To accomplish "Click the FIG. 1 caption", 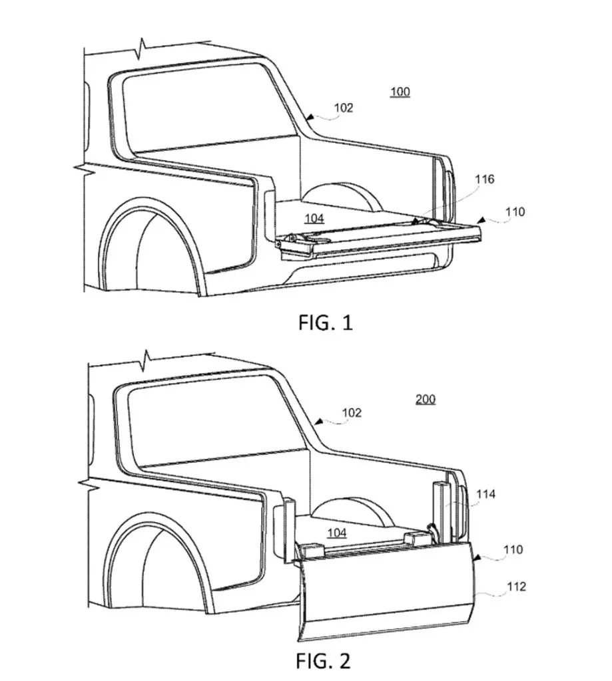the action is [x=326, y=323].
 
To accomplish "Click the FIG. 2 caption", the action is [x=323, y=661].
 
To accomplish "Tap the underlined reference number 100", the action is [x=400, y=92].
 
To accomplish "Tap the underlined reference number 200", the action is [x=426, y=399].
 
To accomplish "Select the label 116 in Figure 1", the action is [x=485, y=179].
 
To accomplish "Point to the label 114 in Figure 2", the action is [x=485, y=494].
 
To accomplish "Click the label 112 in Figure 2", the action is [x=516, y=587].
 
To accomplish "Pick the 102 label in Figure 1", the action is [x=344, y=107].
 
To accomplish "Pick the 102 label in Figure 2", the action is [x=352, y=412].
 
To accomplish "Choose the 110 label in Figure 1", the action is [x=515, y=211].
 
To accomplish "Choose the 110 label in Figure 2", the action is [x=513, y=549].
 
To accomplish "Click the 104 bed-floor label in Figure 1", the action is [x=314, y=218].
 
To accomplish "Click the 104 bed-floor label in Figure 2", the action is [x=337, y=533].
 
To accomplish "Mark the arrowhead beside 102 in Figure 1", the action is [x=309, y=116].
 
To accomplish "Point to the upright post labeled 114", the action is [x=440, y=513].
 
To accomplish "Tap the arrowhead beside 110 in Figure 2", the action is [x=476, y=557].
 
